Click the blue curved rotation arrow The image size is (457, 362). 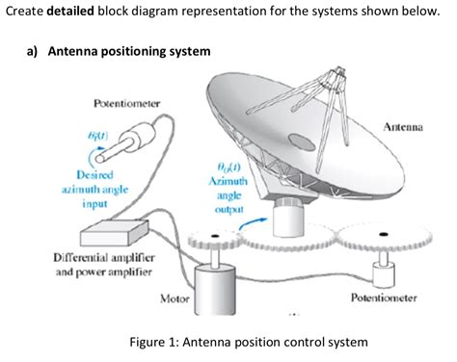[254, 224]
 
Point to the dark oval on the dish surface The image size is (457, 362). [302, 142]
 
